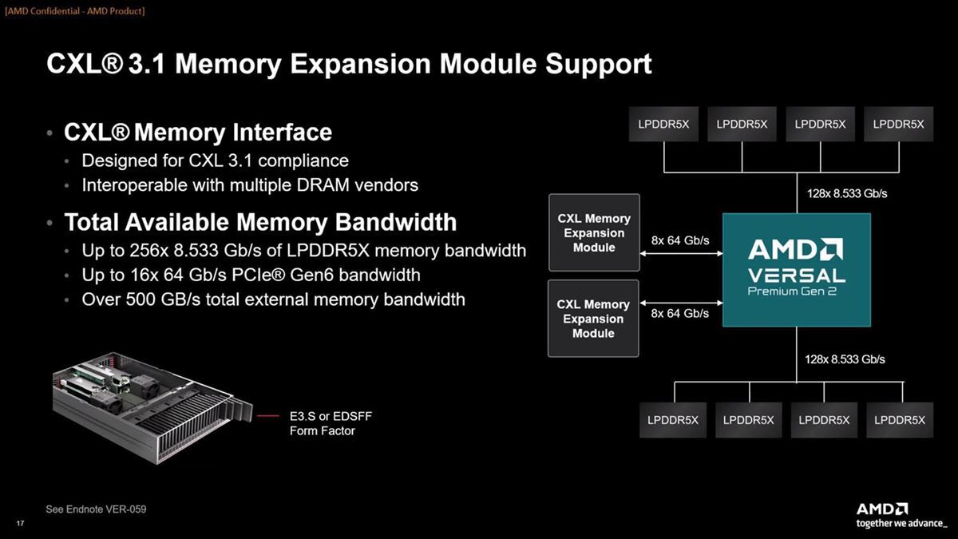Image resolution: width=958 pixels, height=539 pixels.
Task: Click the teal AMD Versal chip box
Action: pos(797,270)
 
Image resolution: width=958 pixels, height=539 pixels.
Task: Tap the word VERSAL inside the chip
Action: pos(797,275)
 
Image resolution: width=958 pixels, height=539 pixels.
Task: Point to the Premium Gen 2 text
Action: pos(792,291)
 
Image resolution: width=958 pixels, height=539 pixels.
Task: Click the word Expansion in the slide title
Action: pos(360,64)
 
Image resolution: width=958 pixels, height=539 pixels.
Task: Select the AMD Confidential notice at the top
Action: pos(75,10)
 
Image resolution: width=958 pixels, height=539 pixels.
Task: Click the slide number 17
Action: pos(20,523)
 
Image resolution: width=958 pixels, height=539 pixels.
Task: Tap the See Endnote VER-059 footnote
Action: pos(96,509)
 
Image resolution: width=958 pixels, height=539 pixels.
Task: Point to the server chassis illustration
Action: pos(152,407)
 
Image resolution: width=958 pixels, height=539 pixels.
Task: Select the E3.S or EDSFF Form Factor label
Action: pos(331,423)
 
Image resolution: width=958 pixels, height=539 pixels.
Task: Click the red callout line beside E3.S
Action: pos(268,416)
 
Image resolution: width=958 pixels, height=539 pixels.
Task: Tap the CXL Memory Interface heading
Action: pos(198,132)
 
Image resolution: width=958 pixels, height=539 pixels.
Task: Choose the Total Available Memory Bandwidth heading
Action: pos(260,222)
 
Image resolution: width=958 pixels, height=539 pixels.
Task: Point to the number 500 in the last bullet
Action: pos(141,299)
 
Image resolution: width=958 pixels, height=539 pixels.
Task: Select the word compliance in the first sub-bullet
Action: pos(303,161)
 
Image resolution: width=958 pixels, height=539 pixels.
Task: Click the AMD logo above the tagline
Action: pos(882,509)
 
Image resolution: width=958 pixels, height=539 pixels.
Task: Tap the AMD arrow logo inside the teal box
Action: pos(795,249)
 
